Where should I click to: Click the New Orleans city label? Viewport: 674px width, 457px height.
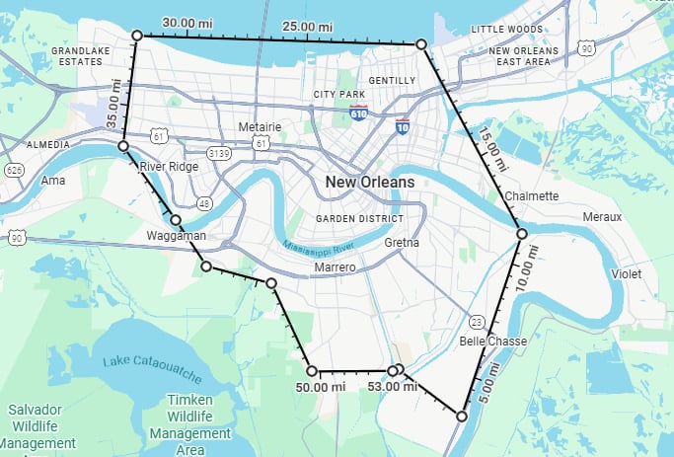click(371, 183)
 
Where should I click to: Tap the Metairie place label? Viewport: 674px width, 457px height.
click(261, 127)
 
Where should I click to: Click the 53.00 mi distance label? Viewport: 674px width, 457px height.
click(389, 387)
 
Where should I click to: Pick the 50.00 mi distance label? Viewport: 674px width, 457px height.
click(321, 387)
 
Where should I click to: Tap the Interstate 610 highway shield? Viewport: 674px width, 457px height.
click(358, 114)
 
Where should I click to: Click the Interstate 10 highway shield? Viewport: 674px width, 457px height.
click(402, 126)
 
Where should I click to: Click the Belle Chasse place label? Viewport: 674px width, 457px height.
click(493, 342)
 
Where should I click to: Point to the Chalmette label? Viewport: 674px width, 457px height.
click(531, 195)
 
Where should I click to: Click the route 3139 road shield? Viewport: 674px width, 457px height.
click(218, 154)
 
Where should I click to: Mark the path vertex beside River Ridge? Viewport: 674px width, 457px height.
click(123, 146)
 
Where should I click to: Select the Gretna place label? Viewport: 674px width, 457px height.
click(402, 242)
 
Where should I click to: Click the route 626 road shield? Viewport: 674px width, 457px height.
click(14, 170)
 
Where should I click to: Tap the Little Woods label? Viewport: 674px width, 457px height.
click(507, 30)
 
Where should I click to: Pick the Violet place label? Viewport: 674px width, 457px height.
click(626, 272)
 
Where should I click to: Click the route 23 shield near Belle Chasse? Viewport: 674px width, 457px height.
click(476, 322)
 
